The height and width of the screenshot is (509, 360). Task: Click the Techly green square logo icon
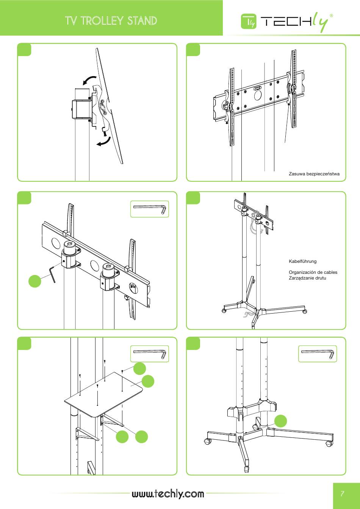(x=249, y=21)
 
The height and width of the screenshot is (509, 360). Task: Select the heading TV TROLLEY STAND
(x=111, y=21)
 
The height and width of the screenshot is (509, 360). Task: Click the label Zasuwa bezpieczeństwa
(x=314, y=174)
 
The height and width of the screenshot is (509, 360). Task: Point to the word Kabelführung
(x=302, y=261)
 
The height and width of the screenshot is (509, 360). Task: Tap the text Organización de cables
(x=313, y=272)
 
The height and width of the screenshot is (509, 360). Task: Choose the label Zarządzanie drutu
(x=307, y=278)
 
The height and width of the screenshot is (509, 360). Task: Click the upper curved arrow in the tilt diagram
(x=89, y=80)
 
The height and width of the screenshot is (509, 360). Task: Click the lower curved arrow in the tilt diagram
(x=104, y=141)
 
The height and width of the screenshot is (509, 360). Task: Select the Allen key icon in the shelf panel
(x=150, y=354)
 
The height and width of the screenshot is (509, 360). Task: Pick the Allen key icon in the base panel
(x=318, y=354)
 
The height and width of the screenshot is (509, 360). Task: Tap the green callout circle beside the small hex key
(x=35, y=281)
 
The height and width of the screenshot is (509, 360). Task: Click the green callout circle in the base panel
(x=281, y=421)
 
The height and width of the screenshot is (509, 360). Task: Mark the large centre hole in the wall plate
(x=258, y=95)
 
